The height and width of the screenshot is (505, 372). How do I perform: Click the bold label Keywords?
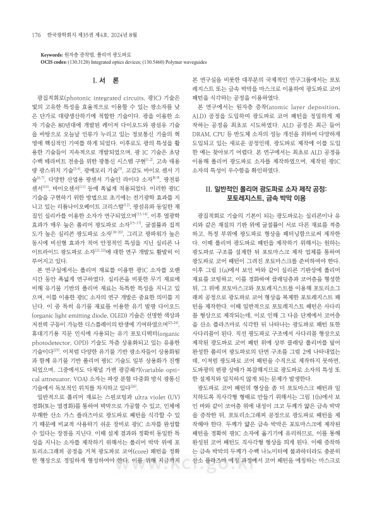pyautogui.click(x=52, y=55)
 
